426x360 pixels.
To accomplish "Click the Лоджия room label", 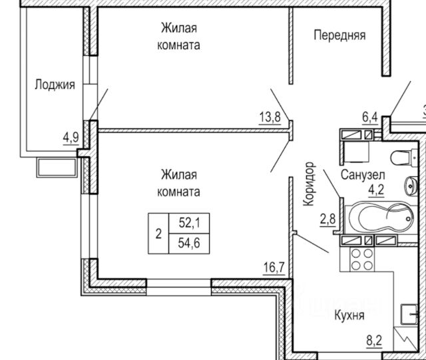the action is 55,85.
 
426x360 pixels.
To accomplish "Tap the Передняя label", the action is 339,35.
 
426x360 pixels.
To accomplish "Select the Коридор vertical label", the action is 309,184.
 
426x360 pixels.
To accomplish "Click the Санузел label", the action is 363,175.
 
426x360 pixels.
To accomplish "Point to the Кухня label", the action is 349,315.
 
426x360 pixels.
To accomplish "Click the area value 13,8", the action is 270,117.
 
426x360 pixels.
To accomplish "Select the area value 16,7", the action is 274,268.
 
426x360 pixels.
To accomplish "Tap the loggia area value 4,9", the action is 71,138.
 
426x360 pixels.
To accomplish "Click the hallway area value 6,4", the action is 370,117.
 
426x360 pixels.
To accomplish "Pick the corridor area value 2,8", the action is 327,219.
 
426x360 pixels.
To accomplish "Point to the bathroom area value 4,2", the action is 376,190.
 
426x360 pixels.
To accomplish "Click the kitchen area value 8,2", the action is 374,341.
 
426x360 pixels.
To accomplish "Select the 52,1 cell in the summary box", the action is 189,223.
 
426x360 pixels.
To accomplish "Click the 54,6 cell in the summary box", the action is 189,243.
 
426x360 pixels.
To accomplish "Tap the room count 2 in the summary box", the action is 158,234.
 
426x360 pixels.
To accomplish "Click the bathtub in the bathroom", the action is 380,218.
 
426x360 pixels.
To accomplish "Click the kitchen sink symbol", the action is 409,314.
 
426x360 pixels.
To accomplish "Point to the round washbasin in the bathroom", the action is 411,186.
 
